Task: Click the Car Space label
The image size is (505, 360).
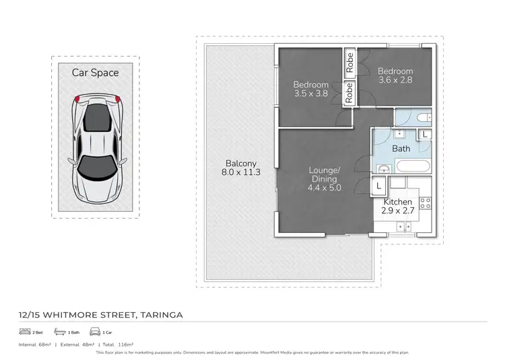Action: point(95,72)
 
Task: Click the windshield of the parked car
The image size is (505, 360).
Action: point(98,166)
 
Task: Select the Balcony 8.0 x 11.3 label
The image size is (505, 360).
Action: point(240,168)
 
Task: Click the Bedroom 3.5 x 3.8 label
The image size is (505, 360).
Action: point(310,89)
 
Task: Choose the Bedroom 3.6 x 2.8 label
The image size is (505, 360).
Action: point(395,75)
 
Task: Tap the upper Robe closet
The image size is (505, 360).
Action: point(349,63)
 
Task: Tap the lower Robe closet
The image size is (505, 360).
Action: point(349,93)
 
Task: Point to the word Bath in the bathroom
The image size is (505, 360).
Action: point(401,148)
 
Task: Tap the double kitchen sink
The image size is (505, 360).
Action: point(404,226)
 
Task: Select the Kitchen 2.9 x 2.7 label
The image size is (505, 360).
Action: point(398,207)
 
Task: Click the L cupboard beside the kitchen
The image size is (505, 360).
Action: point(379,184)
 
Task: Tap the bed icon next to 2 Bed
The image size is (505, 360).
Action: point(25,332)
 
